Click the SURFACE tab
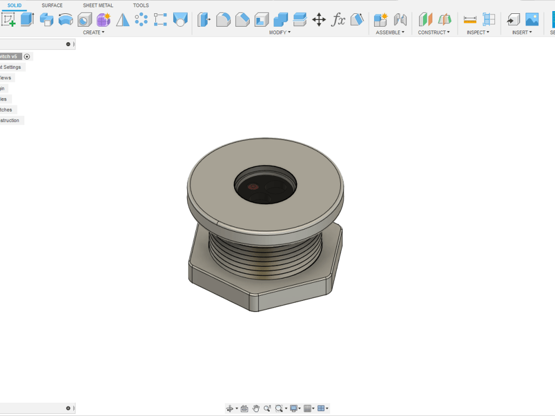pos(52,6)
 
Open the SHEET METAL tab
pos(98,6)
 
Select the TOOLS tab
pos(141,6)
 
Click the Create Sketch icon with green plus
pos(8,20)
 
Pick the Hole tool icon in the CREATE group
pos(84,20)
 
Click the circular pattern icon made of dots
pos(142,20)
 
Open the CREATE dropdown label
pos(93,32)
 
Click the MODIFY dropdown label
pos(280,32)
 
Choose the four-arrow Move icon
pos(319,20)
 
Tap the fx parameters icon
pos(338,20)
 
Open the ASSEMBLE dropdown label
pos(390,32)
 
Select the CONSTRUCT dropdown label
pos(434,32)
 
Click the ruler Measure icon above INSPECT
pos(470,20)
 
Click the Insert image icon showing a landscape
pos(532,19)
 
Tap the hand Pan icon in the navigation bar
pos(256,408)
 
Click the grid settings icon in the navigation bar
pos(308,408)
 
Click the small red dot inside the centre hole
pos(253,187)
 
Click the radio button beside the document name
pos(27,57)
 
